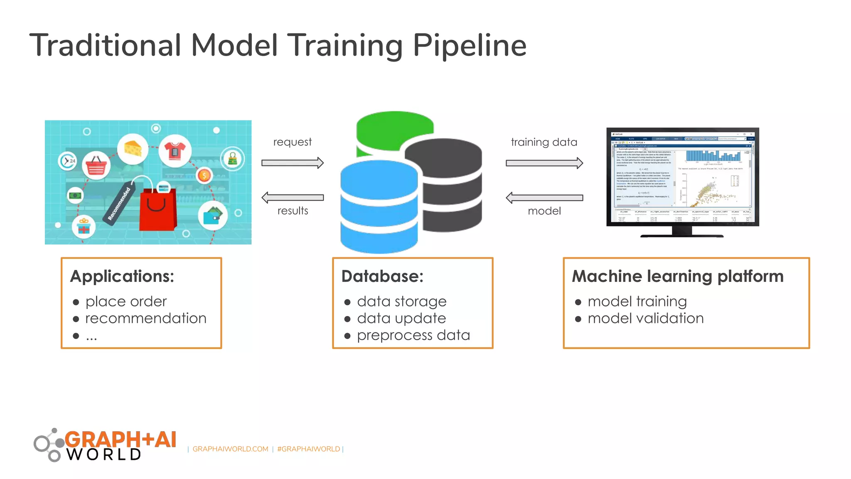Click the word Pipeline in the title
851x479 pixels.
point(469,46)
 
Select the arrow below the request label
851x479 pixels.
point(292,163)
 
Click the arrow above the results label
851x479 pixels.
point(292,198)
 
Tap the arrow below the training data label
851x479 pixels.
point(544,163)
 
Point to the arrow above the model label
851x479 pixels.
point(544,198)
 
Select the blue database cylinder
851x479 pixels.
point(379,208)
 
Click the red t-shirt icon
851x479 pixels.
point(175,151)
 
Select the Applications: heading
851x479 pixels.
point(122,277)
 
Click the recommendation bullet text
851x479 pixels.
point(146,319)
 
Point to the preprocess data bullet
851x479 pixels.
point(413,336)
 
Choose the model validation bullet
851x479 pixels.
point(645,319)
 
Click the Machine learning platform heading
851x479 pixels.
point(677,277)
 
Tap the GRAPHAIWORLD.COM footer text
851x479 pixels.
point(230,449)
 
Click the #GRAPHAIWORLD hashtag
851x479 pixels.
point(308,449)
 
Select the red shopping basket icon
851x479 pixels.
point(96,166)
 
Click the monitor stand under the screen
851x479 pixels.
point(681,232)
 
